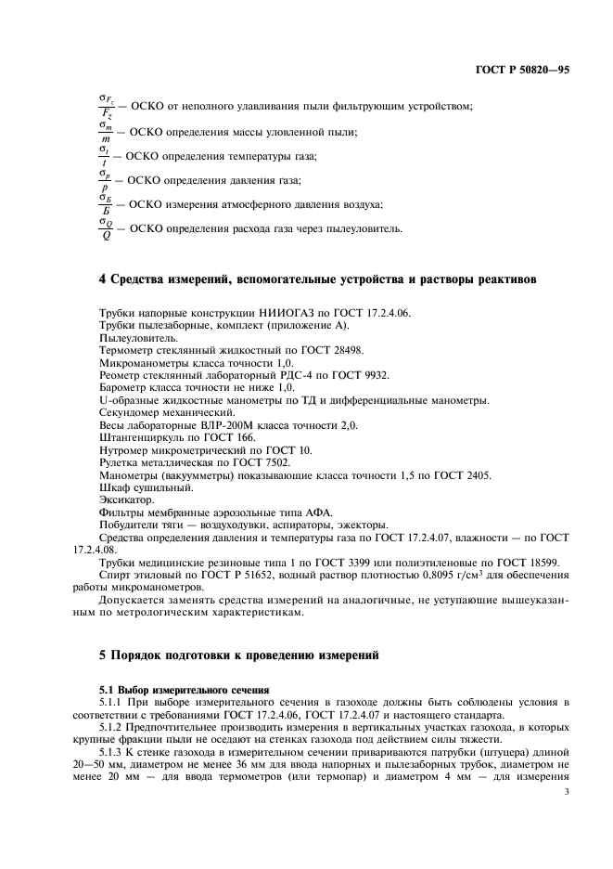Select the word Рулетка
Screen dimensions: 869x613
pyautogui.click(x=118, y=461)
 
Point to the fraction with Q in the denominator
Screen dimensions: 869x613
pyautogui.click(x=104, y=228)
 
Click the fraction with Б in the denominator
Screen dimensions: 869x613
pyautogui.click(x=104, y=203)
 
